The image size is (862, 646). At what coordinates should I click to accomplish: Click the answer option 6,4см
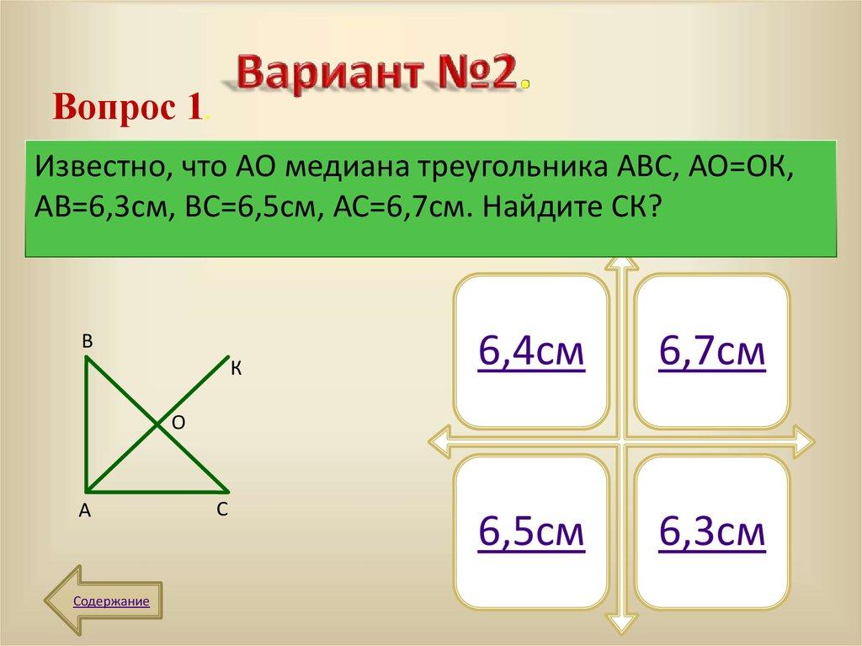(x=530, y=352)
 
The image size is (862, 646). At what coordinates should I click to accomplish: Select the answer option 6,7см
(x=712, y=352)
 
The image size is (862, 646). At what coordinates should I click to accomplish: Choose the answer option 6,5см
(x=530, y=532)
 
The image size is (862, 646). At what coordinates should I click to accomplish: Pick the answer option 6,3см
(x=712, y=532)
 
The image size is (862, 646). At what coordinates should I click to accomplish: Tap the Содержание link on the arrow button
(x=111, y=601)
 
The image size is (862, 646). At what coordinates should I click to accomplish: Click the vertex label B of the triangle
(x=87, y=341)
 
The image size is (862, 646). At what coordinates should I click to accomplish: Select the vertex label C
(x=221, y=509)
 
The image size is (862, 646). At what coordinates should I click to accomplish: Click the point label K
(x=237, y=368)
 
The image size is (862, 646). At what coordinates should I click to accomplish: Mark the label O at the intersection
(x=178, y=423)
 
